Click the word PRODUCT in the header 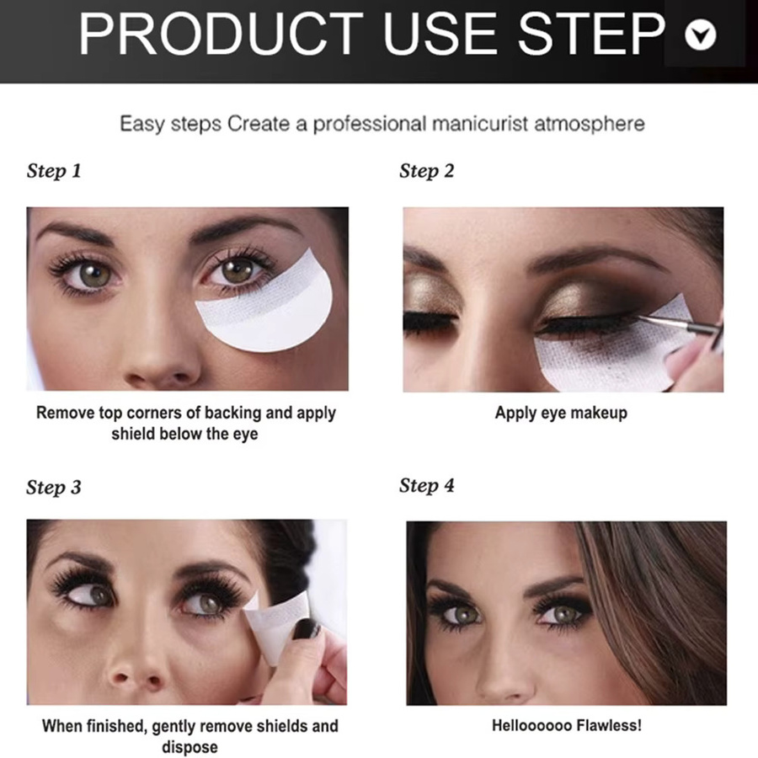[221, 34]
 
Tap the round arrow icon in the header [701, 35]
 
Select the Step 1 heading [54, 171]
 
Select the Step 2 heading [426, 171]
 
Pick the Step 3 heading [54, 487]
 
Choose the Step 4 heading [426, 485]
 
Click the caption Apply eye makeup [561, 414]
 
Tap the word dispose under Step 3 [190, 747]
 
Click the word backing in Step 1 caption [233, 414]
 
